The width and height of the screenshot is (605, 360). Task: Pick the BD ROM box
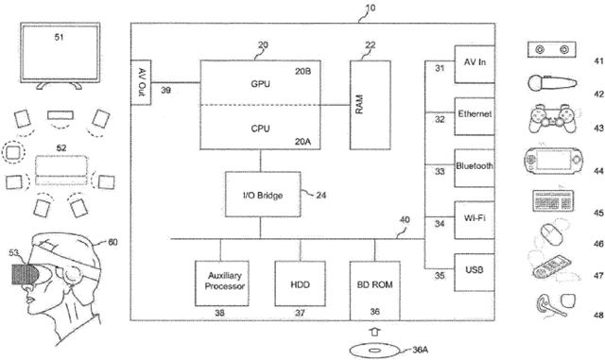click(x=374, y=283)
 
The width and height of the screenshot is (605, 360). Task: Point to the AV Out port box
click(x=142, y=78)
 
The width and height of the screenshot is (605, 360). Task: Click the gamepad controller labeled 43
click(x=547, y=120)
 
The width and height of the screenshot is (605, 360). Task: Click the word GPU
click(x=261, y=83)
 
